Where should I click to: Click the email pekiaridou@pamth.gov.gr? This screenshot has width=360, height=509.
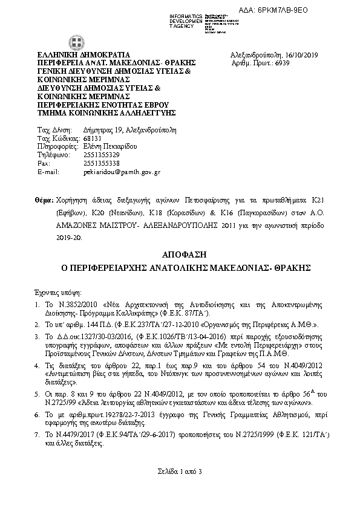(x=121, y=172)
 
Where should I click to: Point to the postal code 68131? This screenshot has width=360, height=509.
(x=92, y=138)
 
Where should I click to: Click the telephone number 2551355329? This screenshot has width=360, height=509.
(x=101, y=155)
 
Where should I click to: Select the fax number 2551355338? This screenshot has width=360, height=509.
(x=101, y=163)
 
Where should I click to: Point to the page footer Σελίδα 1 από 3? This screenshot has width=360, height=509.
(x=180, y=471)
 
